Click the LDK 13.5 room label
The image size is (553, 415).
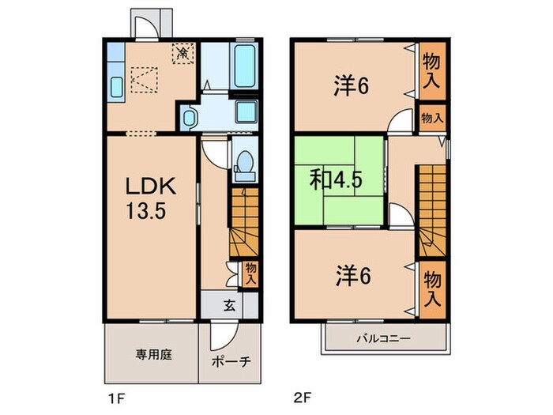[x=151, y=198]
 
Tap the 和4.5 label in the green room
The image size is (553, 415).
[x=336, y=181]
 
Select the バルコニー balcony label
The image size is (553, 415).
[x=383, y=339]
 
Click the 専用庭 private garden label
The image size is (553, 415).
[x=154, y=355]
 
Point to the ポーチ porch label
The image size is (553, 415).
[x=231, y=361]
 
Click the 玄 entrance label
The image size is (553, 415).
[x=230, y=305]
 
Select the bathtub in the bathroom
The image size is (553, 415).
[x=244, y=66]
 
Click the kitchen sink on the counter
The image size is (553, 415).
[x=116, y=87]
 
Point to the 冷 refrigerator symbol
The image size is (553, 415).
[x=183, y=53]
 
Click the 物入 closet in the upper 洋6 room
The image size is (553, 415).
[x=432, y=70]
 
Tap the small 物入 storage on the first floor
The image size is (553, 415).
[x=250, y=274]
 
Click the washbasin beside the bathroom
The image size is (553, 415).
[x=189, y=118]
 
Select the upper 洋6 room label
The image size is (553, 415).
[x=352, y=85]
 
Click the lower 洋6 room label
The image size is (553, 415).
[x=353, y=276]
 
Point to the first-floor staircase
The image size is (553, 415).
[x=244, y=222]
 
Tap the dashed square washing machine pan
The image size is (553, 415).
[x=145, y=80]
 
